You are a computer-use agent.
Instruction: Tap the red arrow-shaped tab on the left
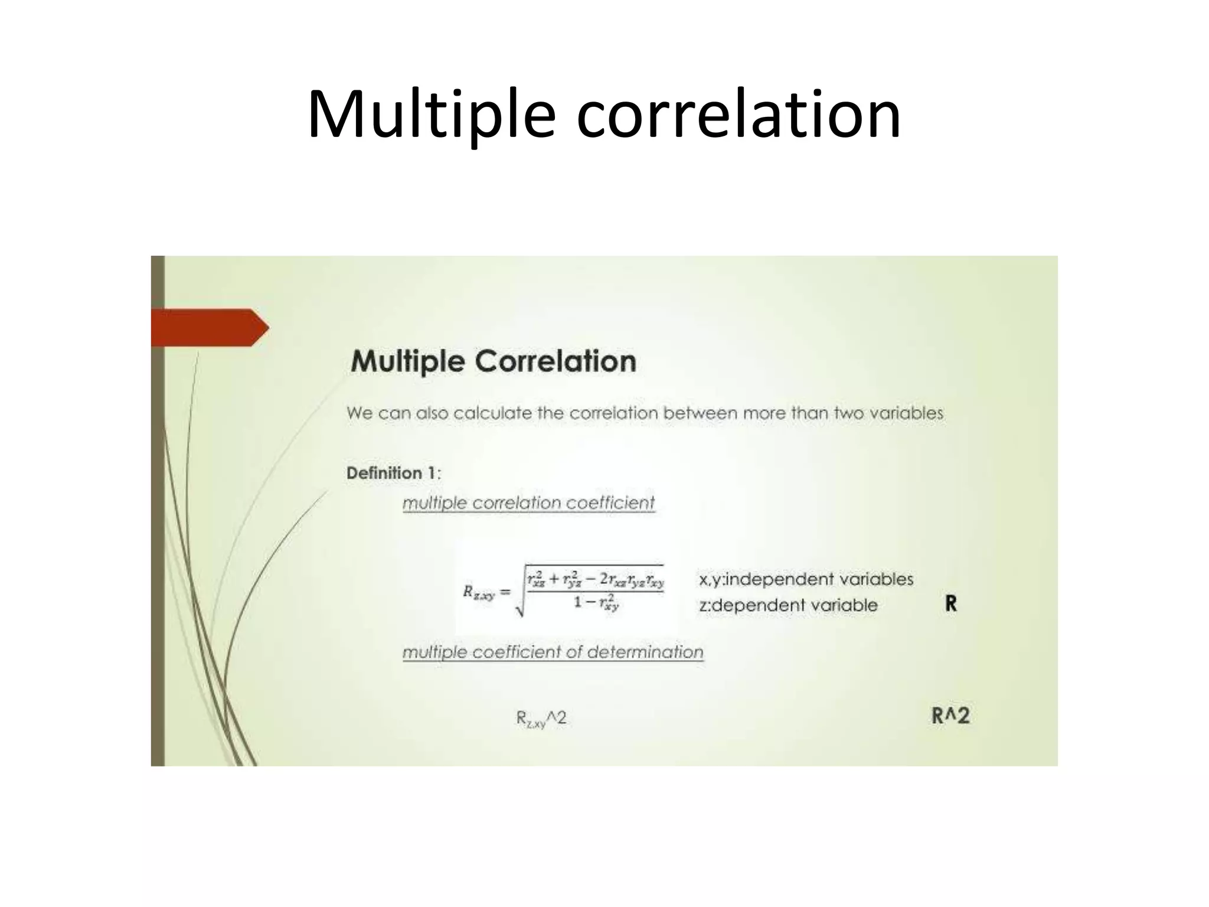pyautogui.click(x=207, y=327)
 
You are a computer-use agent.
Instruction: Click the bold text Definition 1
pyautogui.click(x=392, y=473)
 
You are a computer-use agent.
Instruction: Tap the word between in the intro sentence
pyautogui.click(x=701, y=413)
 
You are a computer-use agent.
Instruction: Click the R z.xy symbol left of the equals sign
pyautogui.click(x=478, y=592)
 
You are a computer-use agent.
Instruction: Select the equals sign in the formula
pyautogui.click(x=505, y=592)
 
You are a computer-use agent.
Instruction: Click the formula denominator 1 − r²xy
pyautogui.click(x=596, y=603)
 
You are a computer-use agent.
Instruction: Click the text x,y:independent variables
pyautogui.click(x=806, y=579)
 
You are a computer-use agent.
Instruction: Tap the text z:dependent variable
pyautogui.click(x=788, y=605)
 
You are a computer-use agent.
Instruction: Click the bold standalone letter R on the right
pyautogui.click(x=950, y=603)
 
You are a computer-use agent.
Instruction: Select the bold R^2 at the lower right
pyautogui.click(x=950, y=716)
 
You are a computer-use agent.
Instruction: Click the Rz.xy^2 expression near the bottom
pyautogui.click(x=541, y=719)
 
